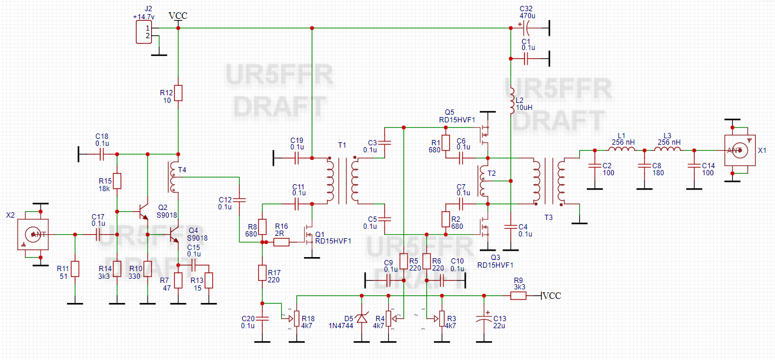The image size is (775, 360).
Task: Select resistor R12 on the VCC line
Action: click(178, 93)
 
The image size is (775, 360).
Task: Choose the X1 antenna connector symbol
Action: click(737, 150)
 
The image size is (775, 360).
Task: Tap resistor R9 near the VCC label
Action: click(519, 296)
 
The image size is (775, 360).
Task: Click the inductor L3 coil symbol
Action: click(670, 150)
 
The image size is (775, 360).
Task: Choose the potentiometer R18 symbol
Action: click(296, 318)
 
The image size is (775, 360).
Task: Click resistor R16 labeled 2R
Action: click(281, 242)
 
